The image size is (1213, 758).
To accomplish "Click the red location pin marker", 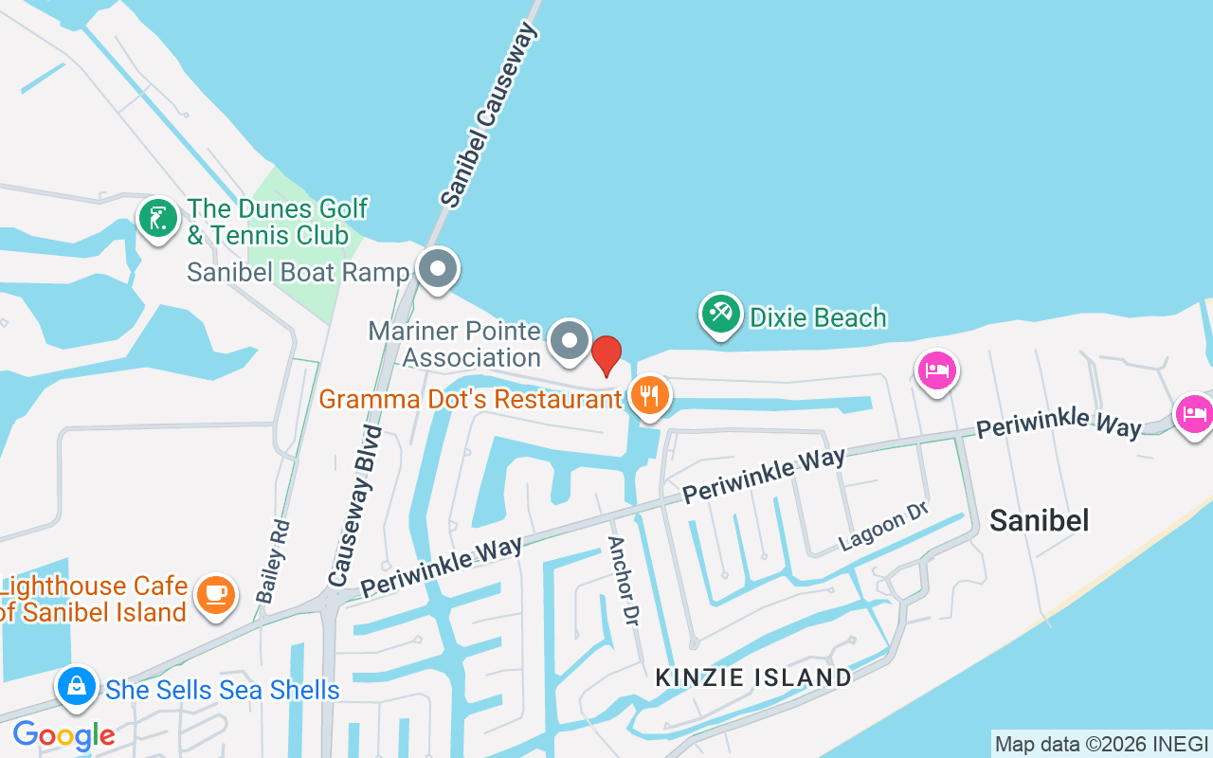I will [606, 355].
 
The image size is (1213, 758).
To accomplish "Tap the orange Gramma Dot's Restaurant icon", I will [649, 395].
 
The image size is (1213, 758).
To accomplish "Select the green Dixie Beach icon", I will [721, 314].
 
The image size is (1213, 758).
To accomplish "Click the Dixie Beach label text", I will [818, 317].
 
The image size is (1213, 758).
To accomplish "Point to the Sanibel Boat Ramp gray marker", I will [438, 268].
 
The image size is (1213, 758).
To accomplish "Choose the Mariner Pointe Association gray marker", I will [570, 340].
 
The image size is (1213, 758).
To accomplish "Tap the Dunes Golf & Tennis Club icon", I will [158, 218].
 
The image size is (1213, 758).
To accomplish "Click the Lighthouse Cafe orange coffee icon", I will [216, 594].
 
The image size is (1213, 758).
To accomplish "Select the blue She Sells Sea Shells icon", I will [77, 685].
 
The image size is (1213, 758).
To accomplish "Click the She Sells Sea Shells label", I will [223, 690].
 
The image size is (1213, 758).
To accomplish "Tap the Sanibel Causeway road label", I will [489, 116].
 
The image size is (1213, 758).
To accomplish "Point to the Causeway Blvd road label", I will [354, 505].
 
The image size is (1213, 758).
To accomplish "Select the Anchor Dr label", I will [622, 580].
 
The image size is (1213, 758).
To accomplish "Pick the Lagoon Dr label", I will [882, 527].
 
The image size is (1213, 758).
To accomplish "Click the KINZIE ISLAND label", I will [754, 677].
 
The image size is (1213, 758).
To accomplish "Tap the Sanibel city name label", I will [1039, 519].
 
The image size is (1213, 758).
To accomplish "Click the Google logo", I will [63, 734].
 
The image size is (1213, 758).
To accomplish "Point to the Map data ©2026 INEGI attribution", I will [1101, 744].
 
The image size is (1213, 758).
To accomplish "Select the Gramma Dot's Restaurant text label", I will [470, 399].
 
